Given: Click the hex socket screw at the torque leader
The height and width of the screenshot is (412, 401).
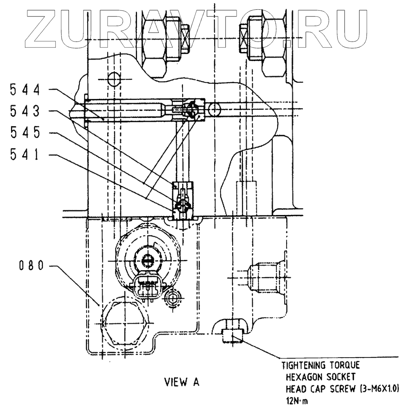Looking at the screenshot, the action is pos(232,336).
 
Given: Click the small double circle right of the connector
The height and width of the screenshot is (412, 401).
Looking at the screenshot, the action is pos(173,298).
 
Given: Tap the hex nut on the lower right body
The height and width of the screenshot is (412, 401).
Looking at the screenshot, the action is pos(264,274).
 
